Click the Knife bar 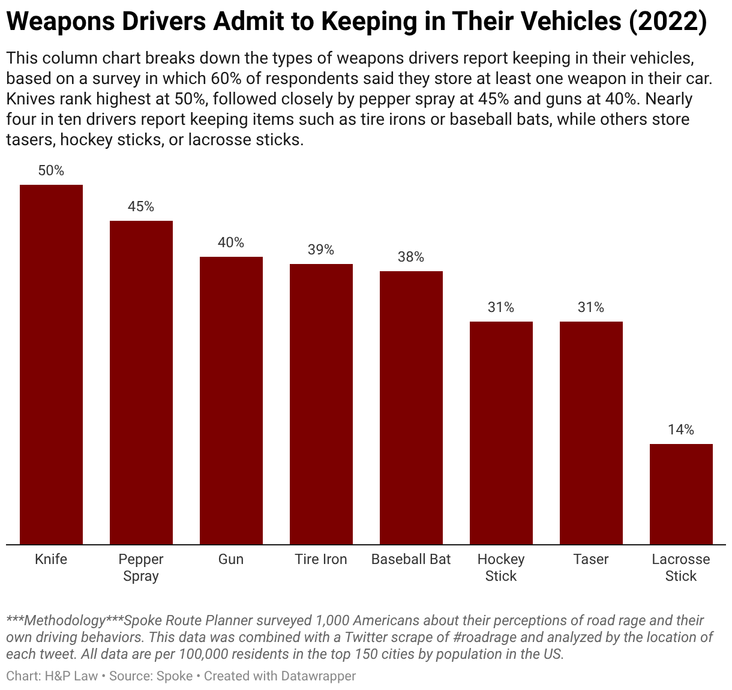[x=51, y=364]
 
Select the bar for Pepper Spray [x=141, y=382]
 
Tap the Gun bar [x=231, y=400]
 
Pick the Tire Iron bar [x=321, y=404]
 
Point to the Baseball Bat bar [x=411, y=407]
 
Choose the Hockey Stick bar [x=501, y=433]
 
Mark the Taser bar [x=591, y=433]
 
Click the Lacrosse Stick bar [x=681, y=494]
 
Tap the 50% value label [x=51, y=170]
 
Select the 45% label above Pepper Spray [x=141, y=206]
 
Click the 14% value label [x=681, y=430]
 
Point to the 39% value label [x=321, y=250]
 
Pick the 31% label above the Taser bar [x=591, y=307]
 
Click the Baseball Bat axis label [x=411, y=559]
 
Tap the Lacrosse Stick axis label [x=681, y=568]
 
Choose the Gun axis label [x=231, y=559]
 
